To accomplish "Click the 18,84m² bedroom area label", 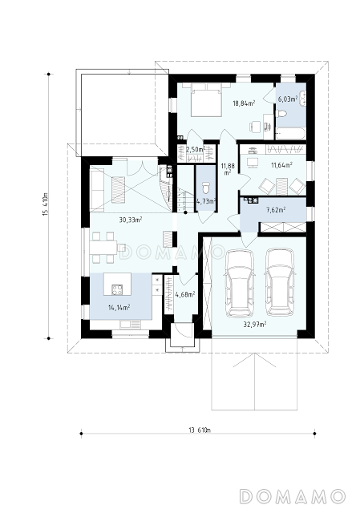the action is click(x=244, y=103).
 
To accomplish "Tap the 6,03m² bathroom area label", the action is click(x=288, y=99).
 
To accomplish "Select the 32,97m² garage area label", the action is click(x=255, y=324).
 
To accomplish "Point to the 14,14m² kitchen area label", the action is click(x=119, y=307).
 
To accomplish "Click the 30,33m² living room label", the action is click(x=131, y=220).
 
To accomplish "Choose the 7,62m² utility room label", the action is click(x=276, y=210).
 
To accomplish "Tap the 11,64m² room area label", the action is click(x=281, y=165).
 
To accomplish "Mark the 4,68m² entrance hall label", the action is click(x=185, y=294).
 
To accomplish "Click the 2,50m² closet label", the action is click(x=196, y=149).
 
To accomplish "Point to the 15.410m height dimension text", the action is click(x=46, y=204).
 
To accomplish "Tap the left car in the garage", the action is click(x=241, y=282).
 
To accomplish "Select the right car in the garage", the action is click(x=280, y=282).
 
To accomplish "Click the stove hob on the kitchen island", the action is click(x=117, y=289).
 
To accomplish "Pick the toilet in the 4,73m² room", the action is click(x=206, y=188).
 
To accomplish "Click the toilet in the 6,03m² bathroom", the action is click(x=281, y=113).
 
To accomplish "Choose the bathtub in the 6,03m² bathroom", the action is click(x=290, y=134).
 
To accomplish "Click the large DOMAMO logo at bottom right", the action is click(x=292, y=495).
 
